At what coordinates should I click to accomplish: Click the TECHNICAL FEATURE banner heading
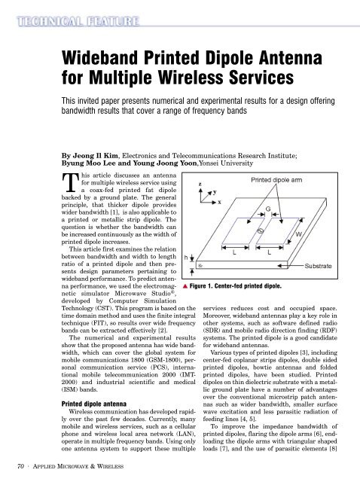[78, 22]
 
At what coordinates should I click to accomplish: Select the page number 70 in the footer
[20, 466]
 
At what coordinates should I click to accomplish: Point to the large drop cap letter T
[70, 182]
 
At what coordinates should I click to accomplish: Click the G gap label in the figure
[268, 209]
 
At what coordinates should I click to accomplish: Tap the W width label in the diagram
[298, 234]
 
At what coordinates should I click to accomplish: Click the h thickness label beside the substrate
[186, 258]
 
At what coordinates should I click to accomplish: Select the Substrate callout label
[318, 266]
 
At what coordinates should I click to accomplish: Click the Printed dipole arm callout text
[276, 180]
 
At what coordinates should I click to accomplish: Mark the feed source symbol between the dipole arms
[260, 231]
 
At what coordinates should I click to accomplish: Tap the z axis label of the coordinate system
[200, 184]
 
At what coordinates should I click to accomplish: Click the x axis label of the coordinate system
[219, 203]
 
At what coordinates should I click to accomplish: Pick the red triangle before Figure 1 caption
[185, 286]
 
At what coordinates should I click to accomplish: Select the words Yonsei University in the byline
[226, 163]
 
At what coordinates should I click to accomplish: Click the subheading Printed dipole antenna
[94, 404]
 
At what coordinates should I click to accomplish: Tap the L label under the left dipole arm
[234, 253]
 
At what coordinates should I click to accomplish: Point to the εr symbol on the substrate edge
[200, 265]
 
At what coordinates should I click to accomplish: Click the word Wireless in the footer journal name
[110, 467]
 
